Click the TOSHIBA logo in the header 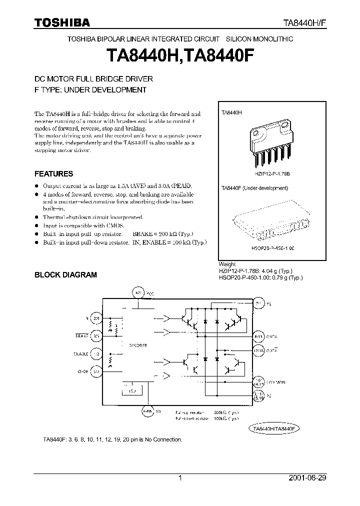click(x=62, y=22)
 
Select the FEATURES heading click(x=53, y=174)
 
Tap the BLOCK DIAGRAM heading click(x=65, y=274)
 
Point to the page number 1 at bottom click(x=180, y=478)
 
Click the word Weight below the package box click(x=227, y=264)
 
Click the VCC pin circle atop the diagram click(x=137, y=291)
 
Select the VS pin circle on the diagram click(x=258, y=303)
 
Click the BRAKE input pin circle click(x=96, y=336)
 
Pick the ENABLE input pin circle click(x=96, y=353)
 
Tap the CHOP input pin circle click(x=96, y=371)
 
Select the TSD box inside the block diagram click(x=132, y=390)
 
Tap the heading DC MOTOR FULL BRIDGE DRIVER click(x=93, y=79)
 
